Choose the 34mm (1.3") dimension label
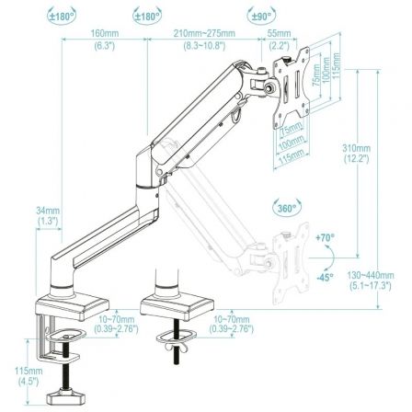click(49, 216)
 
